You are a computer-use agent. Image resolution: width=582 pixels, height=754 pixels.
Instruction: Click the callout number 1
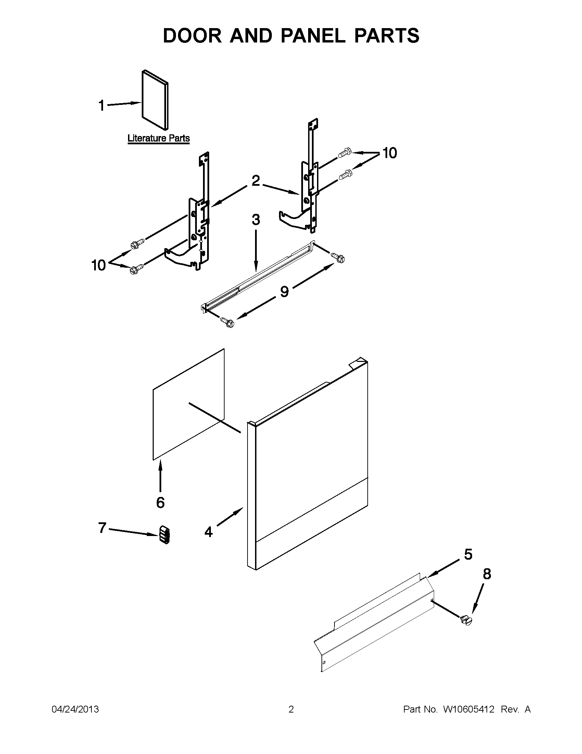pos(101,106)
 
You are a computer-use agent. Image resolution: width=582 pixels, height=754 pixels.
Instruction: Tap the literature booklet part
pos(155,100)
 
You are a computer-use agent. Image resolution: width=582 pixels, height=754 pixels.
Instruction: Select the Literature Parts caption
pos(159,138)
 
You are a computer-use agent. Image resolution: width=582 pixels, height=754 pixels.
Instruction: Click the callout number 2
pos(255,181)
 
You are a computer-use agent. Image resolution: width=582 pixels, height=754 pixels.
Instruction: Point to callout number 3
pos(256,220)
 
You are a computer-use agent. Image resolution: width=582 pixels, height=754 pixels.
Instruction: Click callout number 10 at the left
pos(99,265)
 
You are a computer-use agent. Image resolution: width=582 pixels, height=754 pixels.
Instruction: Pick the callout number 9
pos(284,292)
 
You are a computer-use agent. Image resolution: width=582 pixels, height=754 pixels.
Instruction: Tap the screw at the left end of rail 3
pos(228,323)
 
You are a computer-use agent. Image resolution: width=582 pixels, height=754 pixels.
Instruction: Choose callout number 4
pos(208,532)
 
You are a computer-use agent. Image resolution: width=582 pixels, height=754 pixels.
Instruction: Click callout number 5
pos(468,555)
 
